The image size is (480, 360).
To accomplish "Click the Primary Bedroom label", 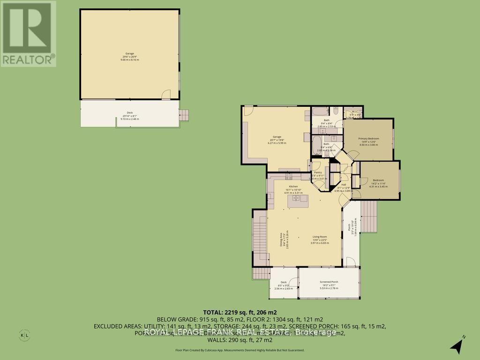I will click(x=368, y=139).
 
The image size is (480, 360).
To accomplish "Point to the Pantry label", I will click(x=318, y=172).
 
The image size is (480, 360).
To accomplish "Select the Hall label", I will click(x=344, y=185).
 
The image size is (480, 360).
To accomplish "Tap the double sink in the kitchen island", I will click(x=298, y=198).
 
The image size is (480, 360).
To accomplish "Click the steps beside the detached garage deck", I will click(x=185, y=115).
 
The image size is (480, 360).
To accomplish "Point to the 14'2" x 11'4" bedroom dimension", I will click(x=378, y=184).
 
